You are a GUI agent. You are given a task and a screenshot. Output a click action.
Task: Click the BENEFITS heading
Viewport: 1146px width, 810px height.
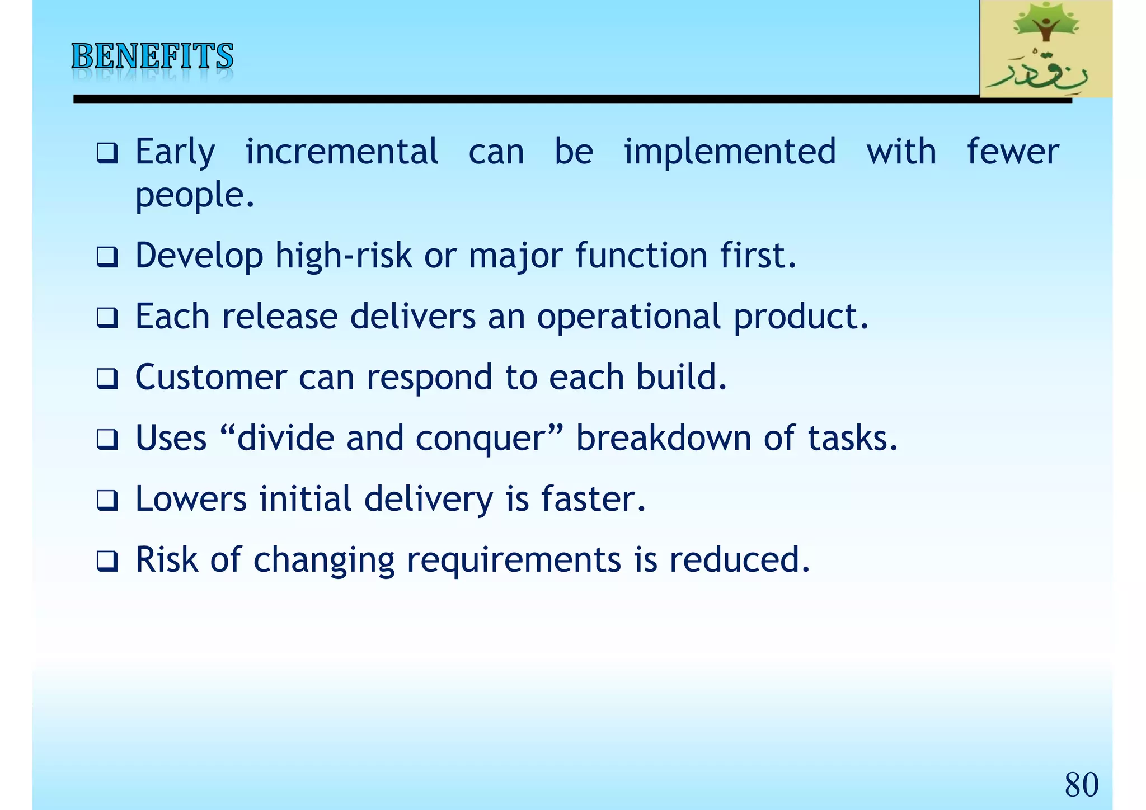point(152,56)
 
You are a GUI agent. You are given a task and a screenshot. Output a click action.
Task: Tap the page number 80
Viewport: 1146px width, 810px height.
point(1081,784)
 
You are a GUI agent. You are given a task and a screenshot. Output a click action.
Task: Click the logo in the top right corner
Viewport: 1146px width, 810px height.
point(1045,49)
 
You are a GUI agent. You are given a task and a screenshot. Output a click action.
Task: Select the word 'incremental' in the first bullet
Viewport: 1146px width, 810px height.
point(341,152)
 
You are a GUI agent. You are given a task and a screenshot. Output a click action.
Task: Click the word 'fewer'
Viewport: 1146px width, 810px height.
point(1013,152)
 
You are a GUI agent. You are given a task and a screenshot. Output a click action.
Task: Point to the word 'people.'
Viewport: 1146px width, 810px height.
point(195,195)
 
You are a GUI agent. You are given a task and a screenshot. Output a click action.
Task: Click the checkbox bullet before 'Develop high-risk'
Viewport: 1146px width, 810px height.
point(107,257)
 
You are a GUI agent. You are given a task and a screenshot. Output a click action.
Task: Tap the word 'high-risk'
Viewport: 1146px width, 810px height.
point(344,256)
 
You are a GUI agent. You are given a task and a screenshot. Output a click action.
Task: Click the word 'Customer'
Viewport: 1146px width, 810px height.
point(210,377)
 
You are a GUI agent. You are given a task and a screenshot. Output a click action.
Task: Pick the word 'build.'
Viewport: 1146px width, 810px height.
point(682,377)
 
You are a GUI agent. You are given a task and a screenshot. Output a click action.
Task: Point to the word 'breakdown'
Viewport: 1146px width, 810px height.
point(664,438)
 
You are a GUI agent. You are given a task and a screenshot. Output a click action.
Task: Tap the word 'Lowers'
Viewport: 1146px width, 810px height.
point(191,499)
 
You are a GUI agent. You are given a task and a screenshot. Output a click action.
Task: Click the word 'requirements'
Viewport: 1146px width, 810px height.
point(514,560)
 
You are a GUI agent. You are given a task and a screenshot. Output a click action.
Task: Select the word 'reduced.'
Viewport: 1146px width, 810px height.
point(739,560)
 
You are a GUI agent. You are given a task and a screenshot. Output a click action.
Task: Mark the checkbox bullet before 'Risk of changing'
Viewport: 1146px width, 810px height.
point(107,561)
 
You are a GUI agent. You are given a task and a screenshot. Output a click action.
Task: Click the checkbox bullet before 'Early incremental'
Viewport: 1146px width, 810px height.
point(107,153)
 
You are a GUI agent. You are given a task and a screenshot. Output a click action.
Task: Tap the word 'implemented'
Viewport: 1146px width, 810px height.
point(730,152)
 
